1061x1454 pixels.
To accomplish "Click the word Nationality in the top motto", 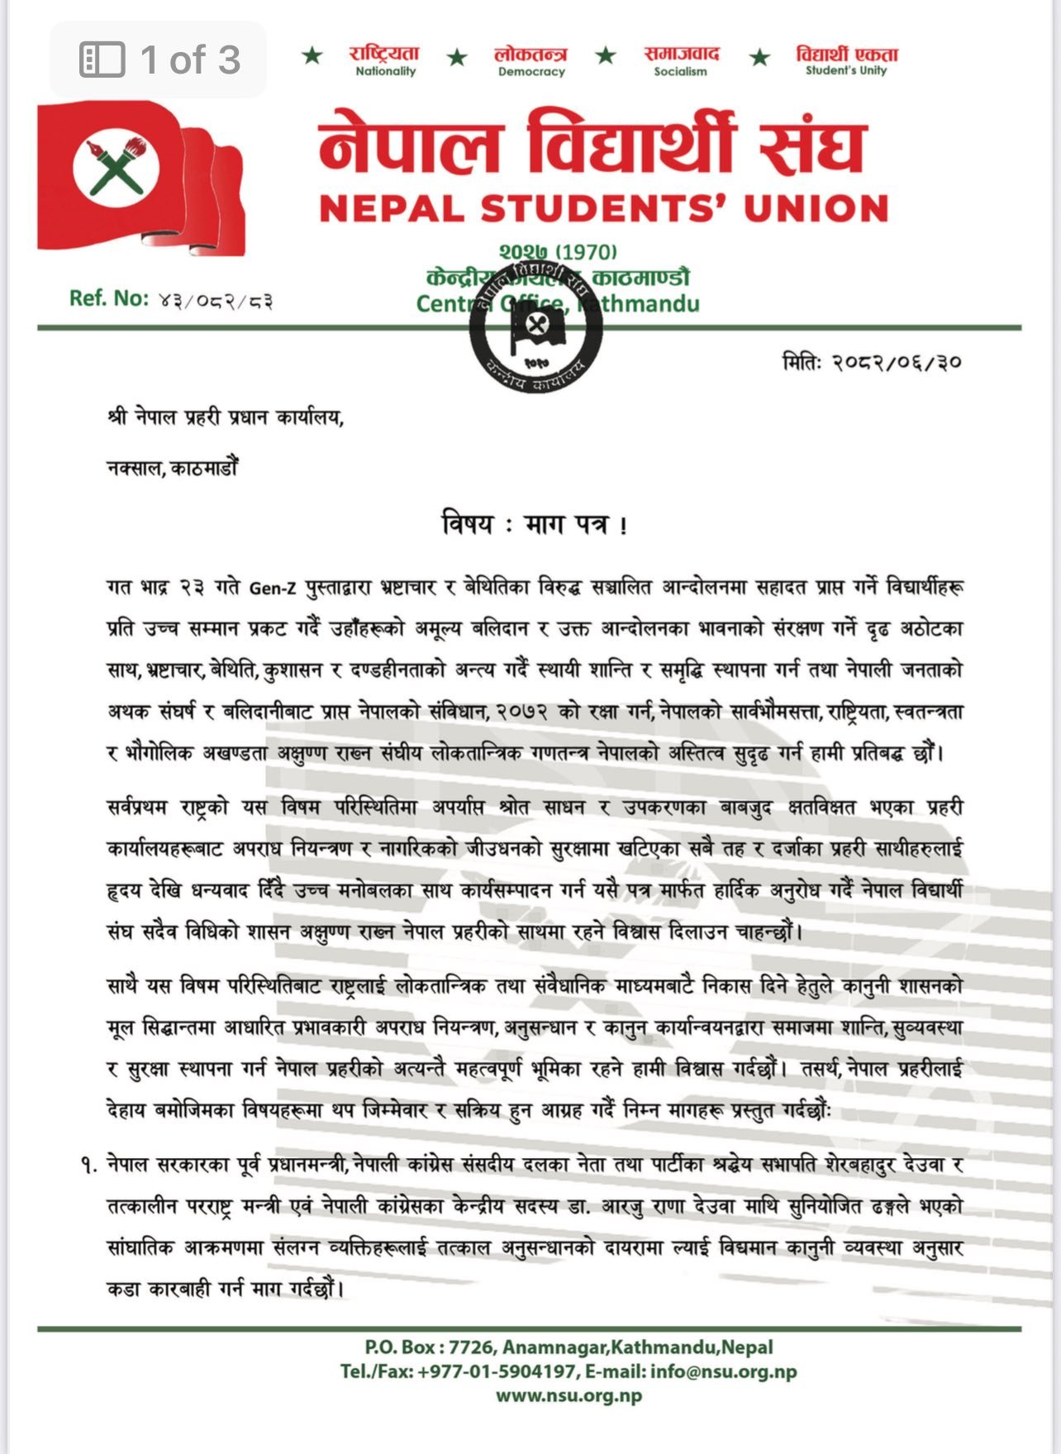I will pos(385,72).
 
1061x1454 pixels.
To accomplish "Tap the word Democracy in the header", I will pos(531,72).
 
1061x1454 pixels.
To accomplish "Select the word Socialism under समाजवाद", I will pos(680,72).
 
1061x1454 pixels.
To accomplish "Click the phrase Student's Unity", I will pos(846,71).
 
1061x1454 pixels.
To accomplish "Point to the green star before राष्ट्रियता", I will pos(312,56).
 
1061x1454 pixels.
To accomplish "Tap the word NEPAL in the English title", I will pos(393,209).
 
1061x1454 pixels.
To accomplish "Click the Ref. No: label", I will pos(109,298).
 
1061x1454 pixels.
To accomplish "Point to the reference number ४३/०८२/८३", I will pos(215,301).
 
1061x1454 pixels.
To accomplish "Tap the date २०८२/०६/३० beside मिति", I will pos(897,362).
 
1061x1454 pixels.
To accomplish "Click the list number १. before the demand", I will pos(89,1166).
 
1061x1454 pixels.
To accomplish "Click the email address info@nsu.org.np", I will pos(723,1372).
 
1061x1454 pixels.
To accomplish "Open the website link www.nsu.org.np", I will pos(569,1396).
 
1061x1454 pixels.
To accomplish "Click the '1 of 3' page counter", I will pos(159,60).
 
